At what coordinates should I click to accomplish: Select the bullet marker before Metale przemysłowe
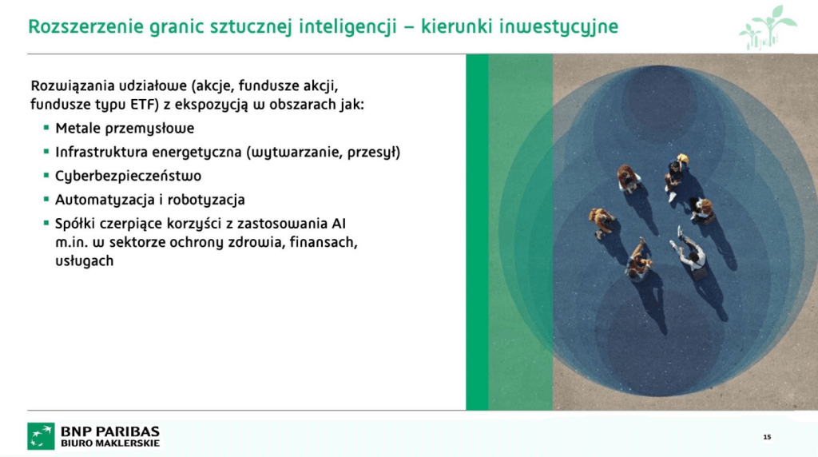tap(46, 127)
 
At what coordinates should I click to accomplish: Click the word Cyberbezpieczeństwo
tap(128, 176)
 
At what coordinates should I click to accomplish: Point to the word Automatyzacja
tap(99, 200)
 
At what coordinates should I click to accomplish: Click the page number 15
tap(767, 437)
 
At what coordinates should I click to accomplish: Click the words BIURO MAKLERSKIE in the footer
tap(110, 443)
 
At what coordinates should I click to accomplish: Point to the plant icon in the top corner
tap(768, 26)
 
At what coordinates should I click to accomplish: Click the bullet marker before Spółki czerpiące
tap(46, 223)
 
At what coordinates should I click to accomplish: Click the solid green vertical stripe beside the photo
tap(477, 232)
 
